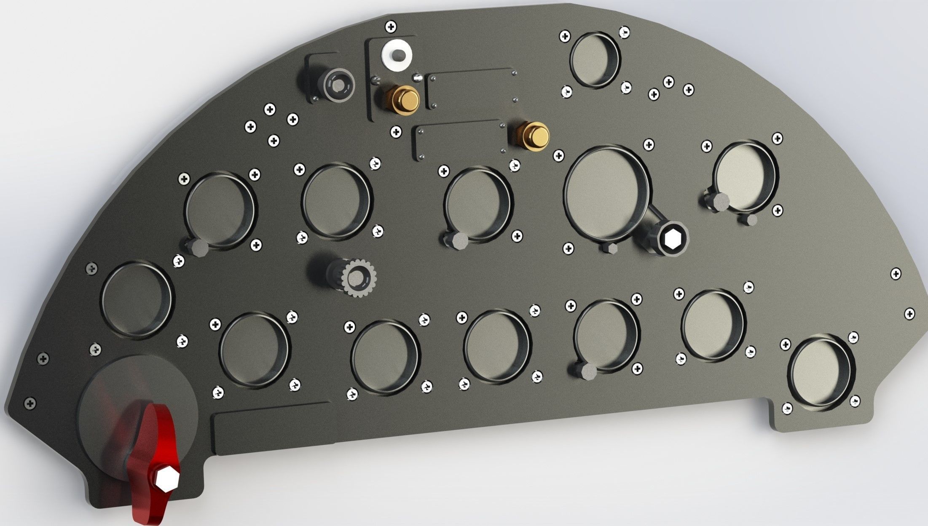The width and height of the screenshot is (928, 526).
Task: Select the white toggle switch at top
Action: click(x=397, y=55)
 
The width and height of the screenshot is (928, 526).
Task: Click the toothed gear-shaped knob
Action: click(x=359, y=278)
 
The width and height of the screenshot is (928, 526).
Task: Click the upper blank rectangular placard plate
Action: click(x=471, y=89)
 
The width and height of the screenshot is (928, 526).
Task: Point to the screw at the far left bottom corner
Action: click(x=30, y=403)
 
